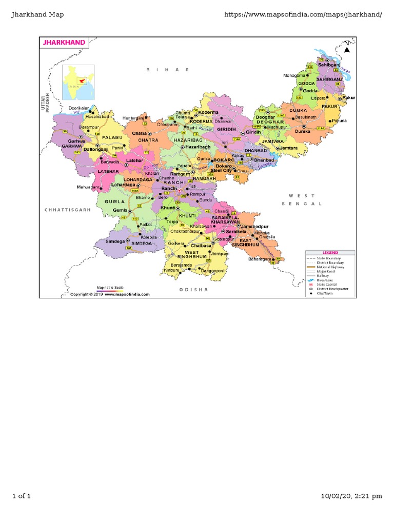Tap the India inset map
[78, 82]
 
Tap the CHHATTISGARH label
[67, 210]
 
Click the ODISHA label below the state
[193, 290]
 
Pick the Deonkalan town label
[78, 108]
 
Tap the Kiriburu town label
[171, 270]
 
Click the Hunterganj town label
[134, 118]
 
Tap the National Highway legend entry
[330, 267]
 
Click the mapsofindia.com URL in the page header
[303, 14]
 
